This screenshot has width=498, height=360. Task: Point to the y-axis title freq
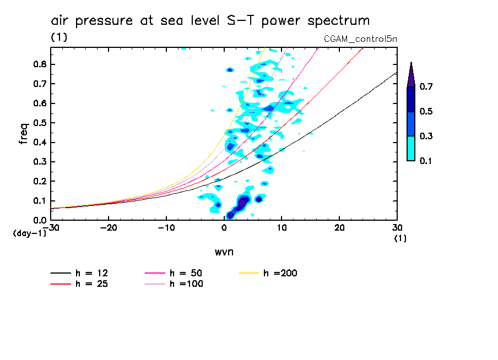pyautogui.click(x=24, y=133)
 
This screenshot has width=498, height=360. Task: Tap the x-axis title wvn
pyautogui.click(x=224, y=252)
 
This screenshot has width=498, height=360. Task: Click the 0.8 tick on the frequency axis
pyautogui.click(x=39, y=64)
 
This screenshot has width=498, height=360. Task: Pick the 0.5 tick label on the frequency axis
pyautogui.click(x=39, y=123)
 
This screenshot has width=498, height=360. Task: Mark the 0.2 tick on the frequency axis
pyautogui.click(x=39, y=181)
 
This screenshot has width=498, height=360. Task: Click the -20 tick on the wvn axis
pyautogui.click(x=108, y=228)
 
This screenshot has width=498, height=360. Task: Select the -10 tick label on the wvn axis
pyautogui.click(x=166, y=228)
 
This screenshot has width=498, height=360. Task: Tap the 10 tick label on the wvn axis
pyautogui.click(x=282, y=228)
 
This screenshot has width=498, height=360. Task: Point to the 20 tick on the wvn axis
pyautogui.click(x=339, y=228)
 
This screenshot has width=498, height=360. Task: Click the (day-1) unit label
pyautogui.click(x=29, y=233)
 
